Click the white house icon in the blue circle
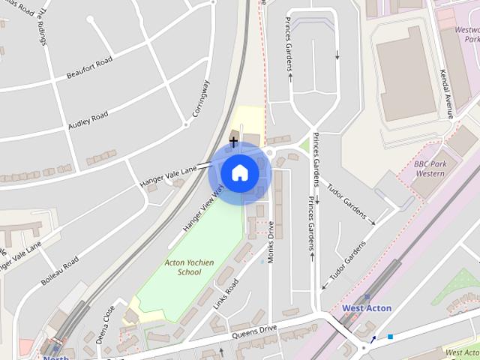click(239, 172)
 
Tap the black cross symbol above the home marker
click(234, 140)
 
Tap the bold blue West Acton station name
click(366, 308)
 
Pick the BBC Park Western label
click(430, 168)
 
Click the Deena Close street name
click(105, 323)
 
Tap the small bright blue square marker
click(390, 337)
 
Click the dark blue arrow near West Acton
click(373, 340)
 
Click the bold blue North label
click(55, 357)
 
